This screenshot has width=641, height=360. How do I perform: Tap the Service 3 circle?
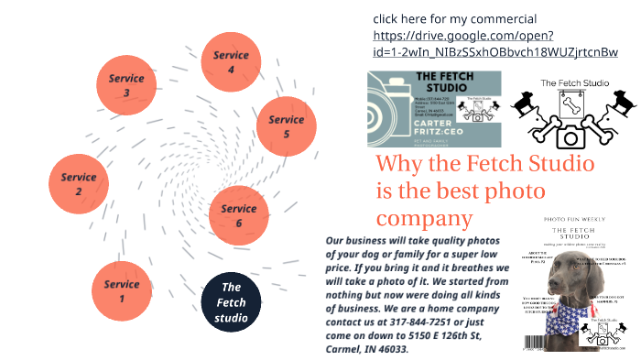tap(126, 85)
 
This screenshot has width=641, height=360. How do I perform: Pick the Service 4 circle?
tap(231, 61)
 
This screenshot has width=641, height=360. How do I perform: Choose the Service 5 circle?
tap(286, 126)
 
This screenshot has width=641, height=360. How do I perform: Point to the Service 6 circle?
tap(239, 216)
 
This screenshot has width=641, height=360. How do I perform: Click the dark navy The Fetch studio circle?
tap(231, 303)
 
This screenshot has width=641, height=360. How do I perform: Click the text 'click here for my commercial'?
tap(454, 19)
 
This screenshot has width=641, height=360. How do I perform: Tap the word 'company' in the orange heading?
tap(424, 220)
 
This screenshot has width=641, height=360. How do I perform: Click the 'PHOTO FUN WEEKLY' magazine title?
tap(579, 221)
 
